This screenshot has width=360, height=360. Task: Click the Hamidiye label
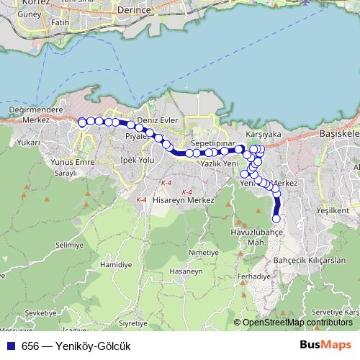click(117, 265)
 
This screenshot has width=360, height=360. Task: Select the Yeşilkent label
click(333, 210)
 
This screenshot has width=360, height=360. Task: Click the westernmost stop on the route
click(82, 122)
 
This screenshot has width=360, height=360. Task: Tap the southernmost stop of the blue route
click(276, 219)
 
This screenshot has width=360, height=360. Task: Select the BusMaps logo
click(326, 345)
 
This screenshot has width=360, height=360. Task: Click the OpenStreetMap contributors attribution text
click(299, 323)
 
